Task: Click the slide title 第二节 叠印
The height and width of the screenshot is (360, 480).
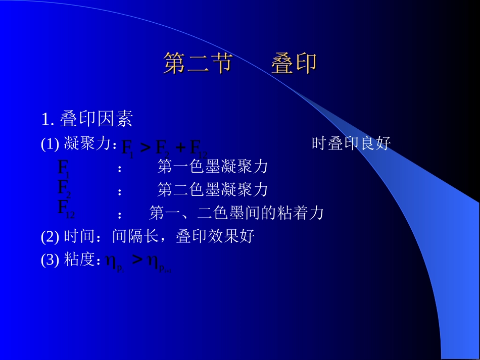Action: pyautogui.click(x=240, y=64)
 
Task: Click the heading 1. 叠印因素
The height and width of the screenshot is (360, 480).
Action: pyautogui.click(x=87, y=119)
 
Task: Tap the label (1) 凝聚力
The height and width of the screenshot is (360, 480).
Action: pyautogui.click(x=78, y=144)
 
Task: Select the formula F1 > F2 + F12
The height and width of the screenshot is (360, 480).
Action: pyautogui.click(x=165, y=148)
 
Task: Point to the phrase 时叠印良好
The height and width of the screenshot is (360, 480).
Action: pyautogui.click(x=351, y=144)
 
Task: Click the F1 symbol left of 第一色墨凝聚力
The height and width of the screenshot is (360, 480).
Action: pyautogui.click(x=64, y=168)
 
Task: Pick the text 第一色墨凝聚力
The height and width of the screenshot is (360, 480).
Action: pyautogui.click(x=212, y=166)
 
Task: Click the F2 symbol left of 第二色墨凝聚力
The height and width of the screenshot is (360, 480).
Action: pyautogui.click(x=64, y=188)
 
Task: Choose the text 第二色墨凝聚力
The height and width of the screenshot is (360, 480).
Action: pyautogui.click(x=212, y=190)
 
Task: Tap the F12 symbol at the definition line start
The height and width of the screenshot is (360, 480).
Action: pyautogui.click(x=66, y=209)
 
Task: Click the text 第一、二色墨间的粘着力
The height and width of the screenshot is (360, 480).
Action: pyautogui.click(x=236, y=213)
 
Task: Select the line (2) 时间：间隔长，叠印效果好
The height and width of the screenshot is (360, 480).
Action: pyautogui.click(x=148, y=236)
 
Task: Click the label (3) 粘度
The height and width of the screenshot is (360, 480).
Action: pyautogui.click(x=71, y=260)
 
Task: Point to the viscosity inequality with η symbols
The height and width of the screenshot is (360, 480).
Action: pyautogui.click(x=138, y=262)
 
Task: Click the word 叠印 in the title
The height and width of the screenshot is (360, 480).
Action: pyautogui.click(x=294, y=64)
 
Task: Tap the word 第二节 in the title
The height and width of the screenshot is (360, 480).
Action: pyautogui.click(x=197, y=64)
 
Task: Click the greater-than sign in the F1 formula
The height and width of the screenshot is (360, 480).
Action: pyautogui.click(x=145, y=147)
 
